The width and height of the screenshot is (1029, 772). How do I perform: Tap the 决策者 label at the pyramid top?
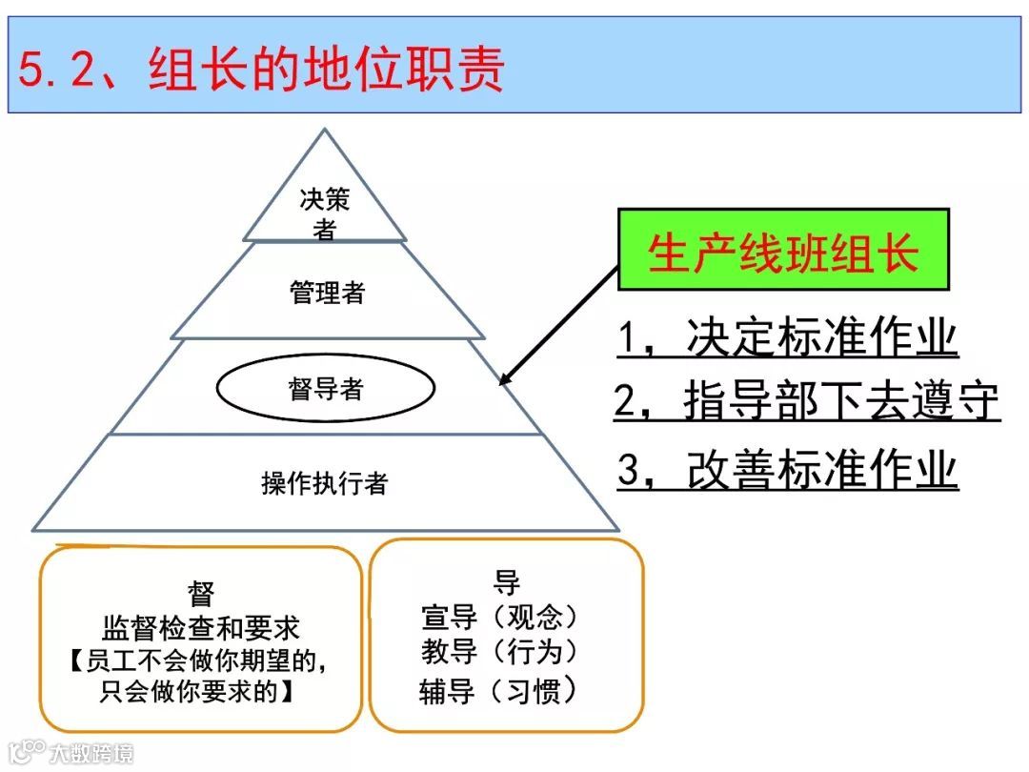(x=325, y=213)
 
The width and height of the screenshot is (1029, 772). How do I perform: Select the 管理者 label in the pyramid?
(x=327, y=292)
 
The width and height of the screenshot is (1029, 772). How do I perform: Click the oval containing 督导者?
(x=326, y=388)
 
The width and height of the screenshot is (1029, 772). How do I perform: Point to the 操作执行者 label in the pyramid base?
(x=325, y=483)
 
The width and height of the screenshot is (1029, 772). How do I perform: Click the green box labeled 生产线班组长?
(x=783, y=250)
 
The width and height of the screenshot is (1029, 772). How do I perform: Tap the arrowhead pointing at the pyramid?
(x=506, y=378)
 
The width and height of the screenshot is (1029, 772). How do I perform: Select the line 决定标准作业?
(x=787, y=338)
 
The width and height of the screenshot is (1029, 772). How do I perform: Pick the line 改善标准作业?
(x=787, y=470)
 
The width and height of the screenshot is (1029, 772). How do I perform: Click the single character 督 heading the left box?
(x=201, y=596)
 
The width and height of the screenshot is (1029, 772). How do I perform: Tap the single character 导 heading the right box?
(x=506, y=583)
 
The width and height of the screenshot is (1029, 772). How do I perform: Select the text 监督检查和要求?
(x=201, y=628)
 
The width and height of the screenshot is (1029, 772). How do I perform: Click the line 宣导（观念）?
(x=501, y=618)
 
